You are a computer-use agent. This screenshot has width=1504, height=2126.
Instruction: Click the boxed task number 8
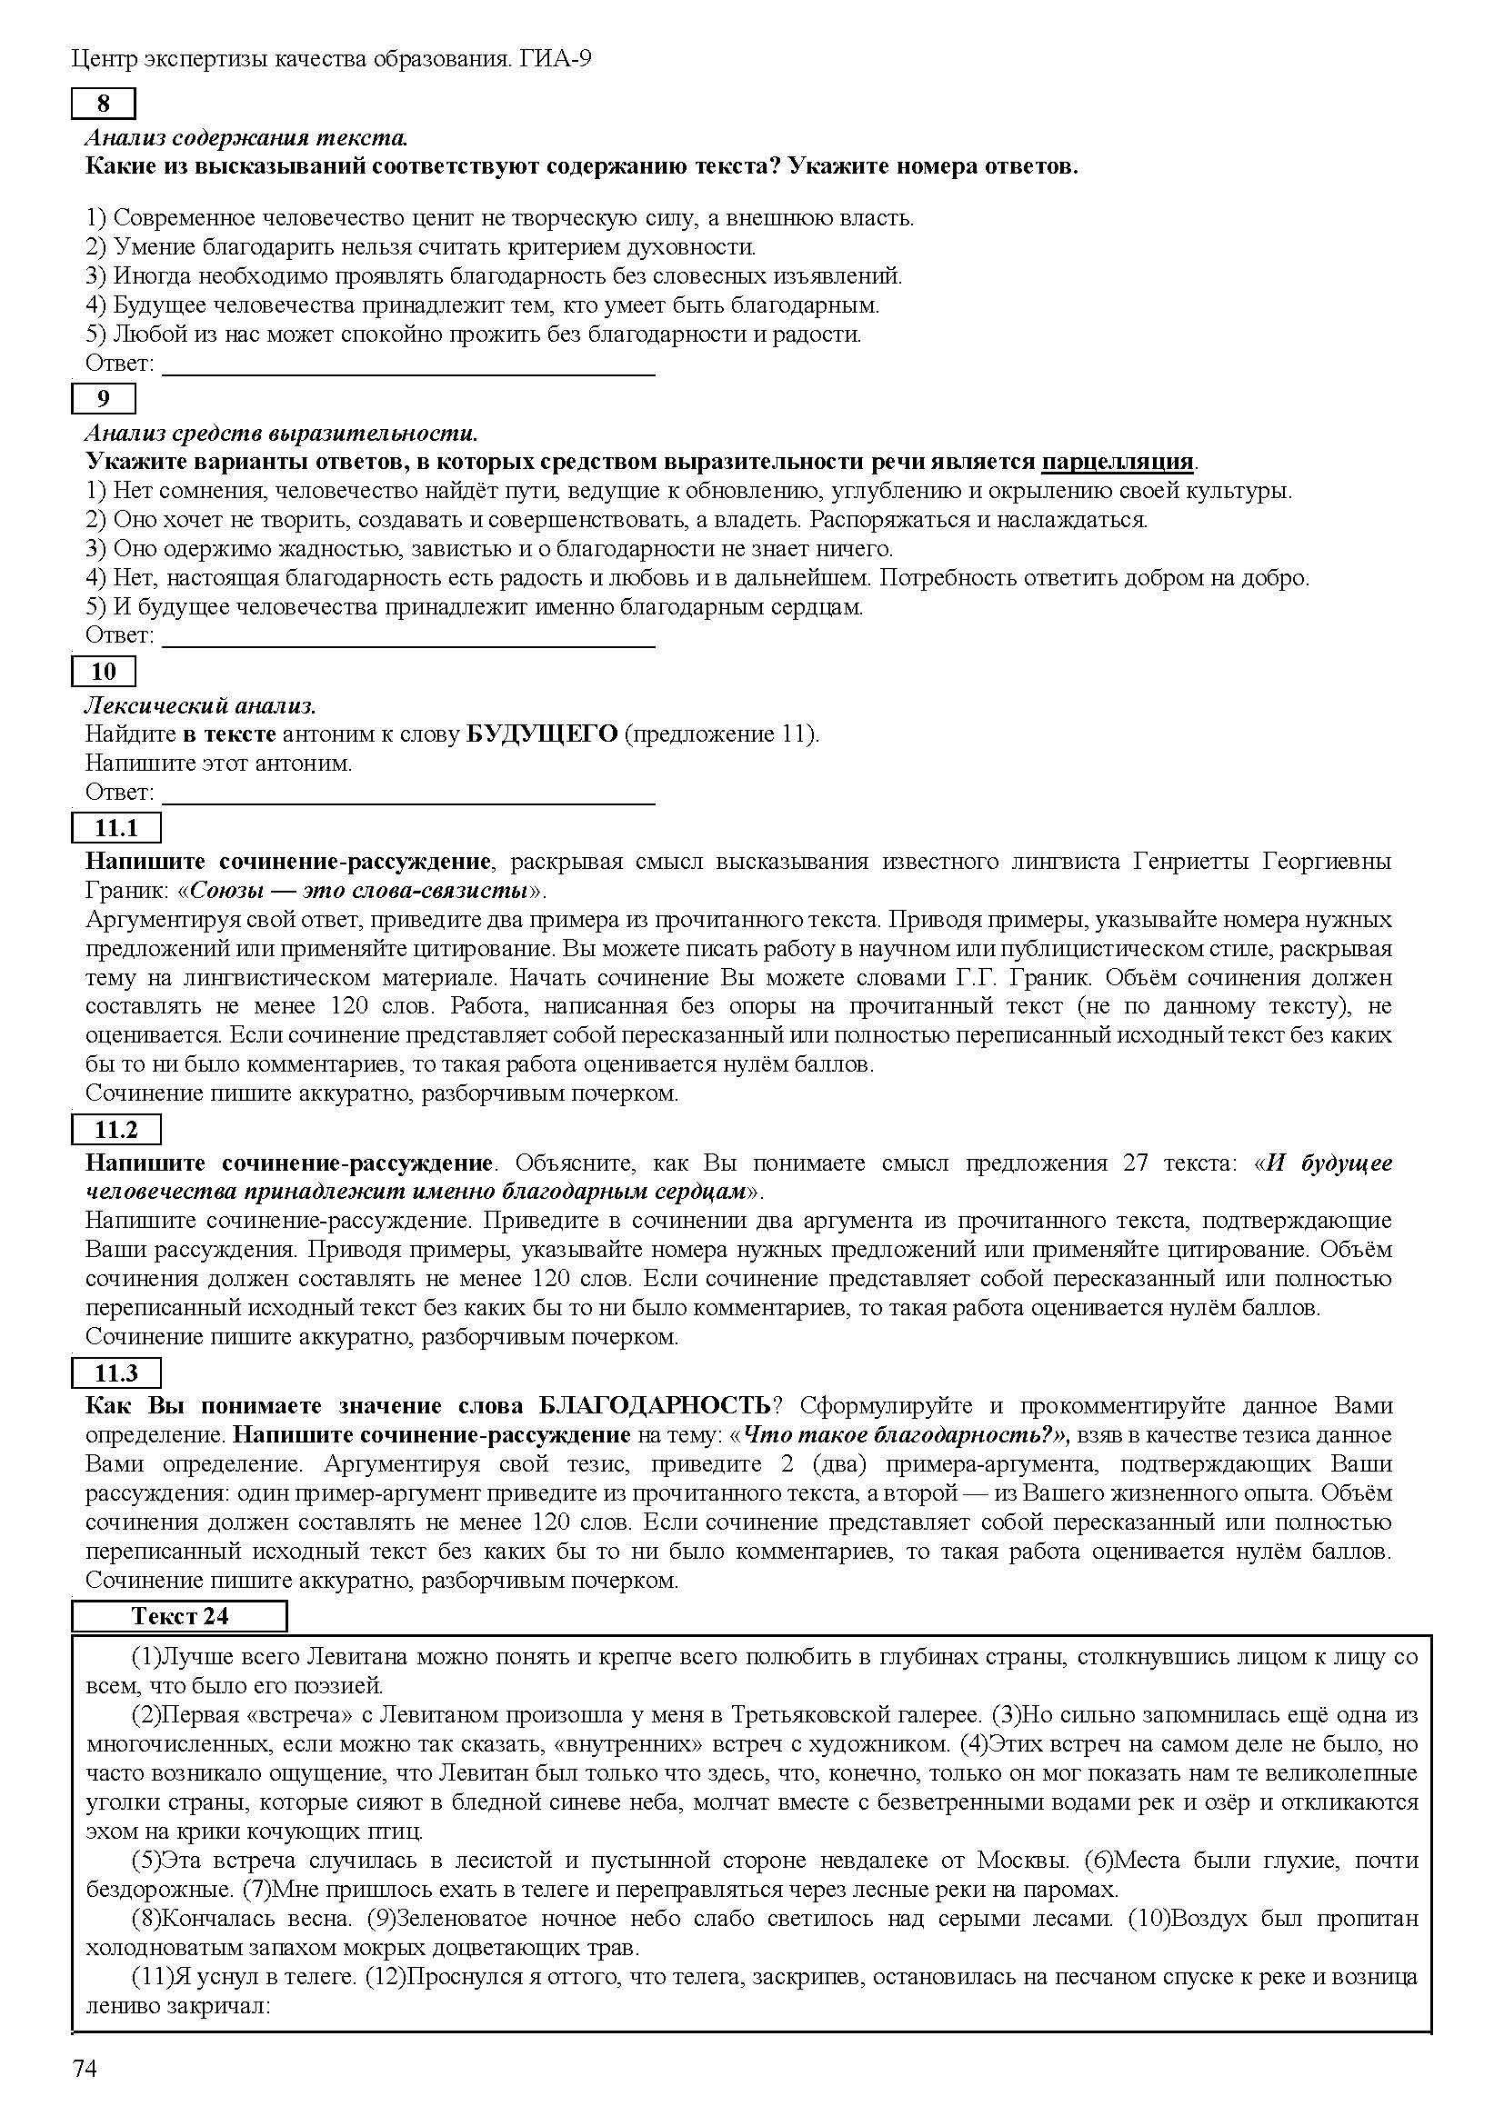click(x=103, y=104)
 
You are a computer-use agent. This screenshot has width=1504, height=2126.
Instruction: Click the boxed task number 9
click(x=103, y=398)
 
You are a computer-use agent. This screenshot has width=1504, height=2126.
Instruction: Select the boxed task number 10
click(x=103, y=672)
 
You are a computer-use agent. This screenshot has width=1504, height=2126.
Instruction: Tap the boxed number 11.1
click(x=115, y=827)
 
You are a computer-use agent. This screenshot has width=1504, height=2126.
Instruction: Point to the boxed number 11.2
click(x=115, y=1129)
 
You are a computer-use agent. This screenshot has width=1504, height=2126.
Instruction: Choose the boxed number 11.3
click(x=115, y=1372)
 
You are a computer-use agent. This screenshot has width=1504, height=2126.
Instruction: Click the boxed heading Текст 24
click(x=179, y=1616)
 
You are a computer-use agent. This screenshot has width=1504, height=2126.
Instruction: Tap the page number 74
click(x=85, y=2068)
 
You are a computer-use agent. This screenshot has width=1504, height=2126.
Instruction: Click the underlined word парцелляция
click(x=1117, y=461)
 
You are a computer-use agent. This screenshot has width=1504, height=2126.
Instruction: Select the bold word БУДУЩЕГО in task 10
click(x=542, y=734)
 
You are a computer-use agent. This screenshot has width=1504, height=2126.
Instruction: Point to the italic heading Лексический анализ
click(x=201, y=705)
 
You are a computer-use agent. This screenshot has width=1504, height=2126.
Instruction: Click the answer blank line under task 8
click(x=408, y=373)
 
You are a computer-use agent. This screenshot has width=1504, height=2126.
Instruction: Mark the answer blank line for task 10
click(x=408, y=802)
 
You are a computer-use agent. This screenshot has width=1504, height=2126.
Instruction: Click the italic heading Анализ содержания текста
click(x=246, y=138)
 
